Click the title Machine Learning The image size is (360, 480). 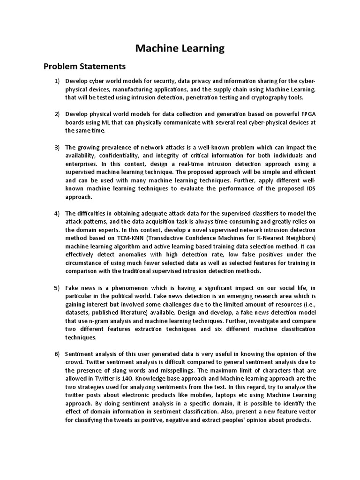[x=180, y=48]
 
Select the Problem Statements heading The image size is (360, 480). [x=85, y=66]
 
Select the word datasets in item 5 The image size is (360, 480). [x=78, y=313]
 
